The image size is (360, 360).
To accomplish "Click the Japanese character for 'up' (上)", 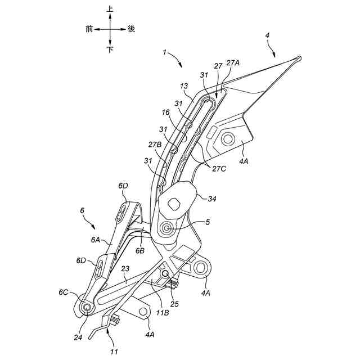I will [110, 10].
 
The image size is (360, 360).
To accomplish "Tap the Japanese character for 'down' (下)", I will [110, 49].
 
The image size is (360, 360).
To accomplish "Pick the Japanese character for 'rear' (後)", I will [131, 29].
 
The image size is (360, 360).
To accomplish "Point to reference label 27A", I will [232, 64].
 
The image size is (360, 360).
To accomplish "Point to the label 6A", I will [96, 240].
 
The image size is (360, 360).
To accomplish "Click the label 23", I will [125, 269].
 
